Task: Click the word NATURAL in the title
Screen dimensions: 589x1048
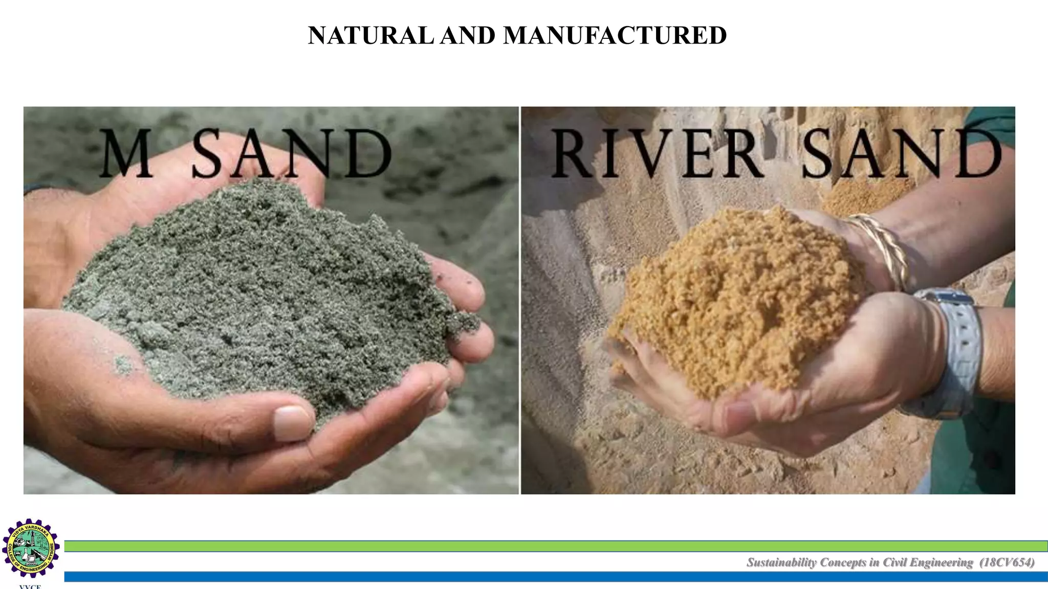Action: tap(371, 36)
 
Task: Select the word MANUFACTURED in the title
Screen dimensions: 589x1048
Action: tap(615, 36)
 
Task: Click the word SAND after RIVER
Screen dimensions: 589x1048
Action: tap(901, 153)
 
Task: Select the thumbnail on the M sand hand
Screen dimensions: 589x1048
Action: tap(292, 424)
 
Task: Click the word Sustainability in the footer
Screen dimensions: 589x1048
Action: tap(781, 563)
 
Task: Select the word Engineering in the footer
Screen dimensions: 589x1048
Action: tap(942, 563)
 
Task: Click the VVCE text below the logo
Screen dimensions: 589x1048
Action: tap(30, 586)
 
